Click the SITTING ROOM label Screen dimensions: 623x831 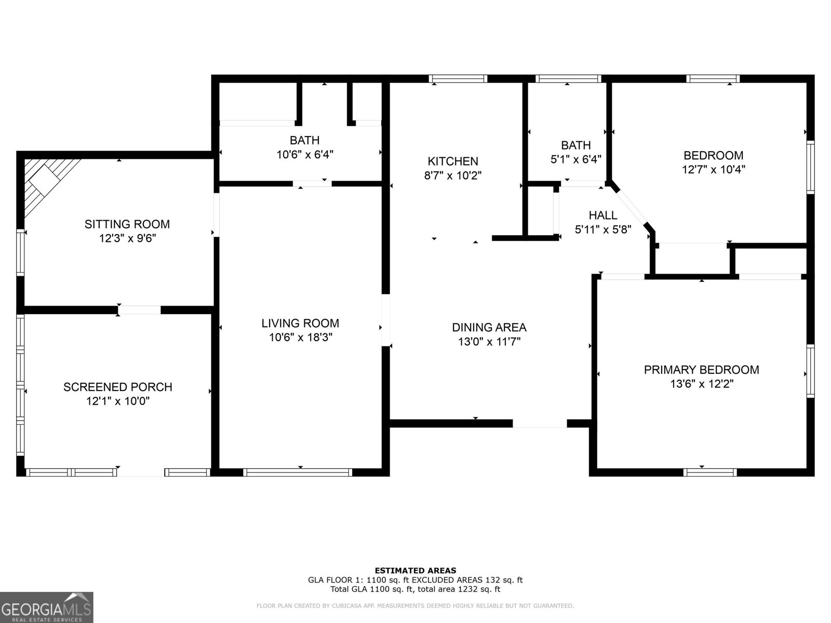click(x=127, y=224)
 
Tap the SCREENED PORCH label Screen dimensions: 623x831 click(x=117, y=387)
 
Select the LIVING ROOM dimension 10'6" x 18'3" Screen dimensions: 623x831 click(x=300, y=337)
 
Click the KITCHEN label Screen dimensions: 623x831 click(x=452, y=161)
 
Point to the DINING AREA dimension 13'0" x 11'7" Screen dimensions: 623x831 click(x=489, y=342)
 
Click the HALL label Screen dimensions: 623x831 click(x=602, y=215)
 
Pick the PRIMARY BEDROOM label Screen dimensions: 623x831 click(x=701, y=370)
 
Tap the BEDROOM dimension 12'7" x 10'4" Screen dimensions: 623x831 click(x=713, y=169)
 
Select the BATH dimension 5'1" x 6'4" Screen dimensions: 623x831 click(x=575, y=159)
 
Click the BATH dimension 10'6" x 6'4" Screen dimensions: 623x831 click(x=304, y=154)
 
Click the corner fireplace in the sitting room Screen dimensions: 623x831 click(x=46, y=179)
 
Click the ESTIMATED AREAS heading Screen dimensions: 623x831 click(x=415, y=571)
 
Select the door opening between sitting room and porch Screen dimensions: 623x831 click(x=139, y=310)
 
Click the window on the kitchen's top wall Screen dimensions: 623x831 click(x=458, y=79)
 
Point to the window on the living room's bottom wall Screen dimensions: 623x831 click(x=298, y=472)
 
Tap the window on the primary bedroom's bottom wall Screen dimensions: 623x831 click(x=710, y=472)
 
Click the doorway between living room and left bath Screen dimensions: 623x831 click(x=312, y=183)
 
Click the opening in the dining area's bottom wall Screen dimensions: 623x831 click(x=540, y=424)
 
